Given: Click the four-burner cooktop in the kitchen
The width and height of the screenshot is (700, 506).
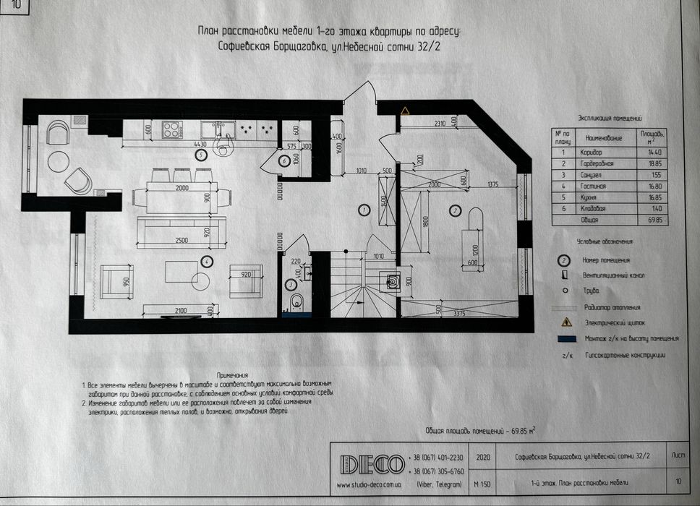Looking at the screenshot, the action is point(172,129).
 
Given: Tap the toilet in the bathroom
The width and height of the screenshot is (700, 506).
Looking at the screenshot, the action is point(294,301).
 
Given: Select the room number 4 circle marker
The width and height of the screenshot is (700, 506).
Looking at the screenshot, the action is point(208,261).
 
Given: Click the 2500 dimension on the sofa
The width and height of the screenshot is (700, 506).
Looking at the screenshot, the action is point(181,239).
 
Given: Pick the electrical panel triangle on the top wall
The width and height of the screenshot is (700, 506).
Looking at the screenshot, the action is point(405,111).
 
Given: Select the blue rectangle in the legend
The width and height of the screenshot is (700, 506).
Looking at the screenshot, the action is point(568,338).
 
